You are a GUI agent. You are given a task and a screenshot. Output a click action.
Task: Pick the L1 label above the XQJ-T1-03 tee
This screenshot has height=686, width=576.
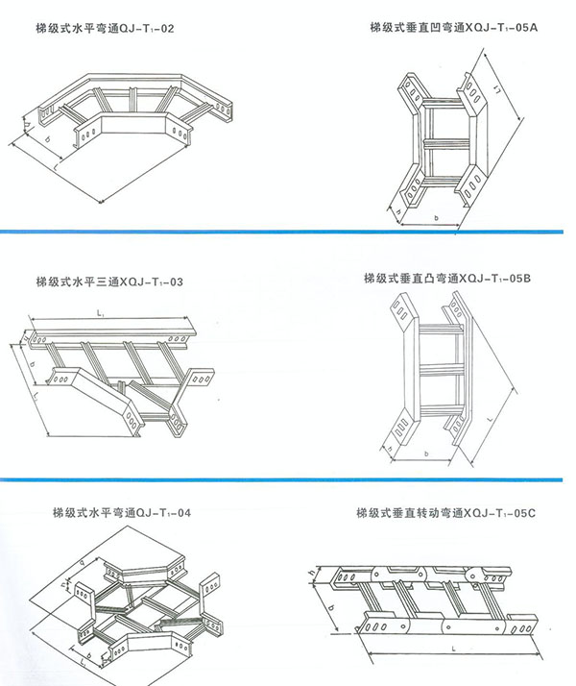pos(101,314)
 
